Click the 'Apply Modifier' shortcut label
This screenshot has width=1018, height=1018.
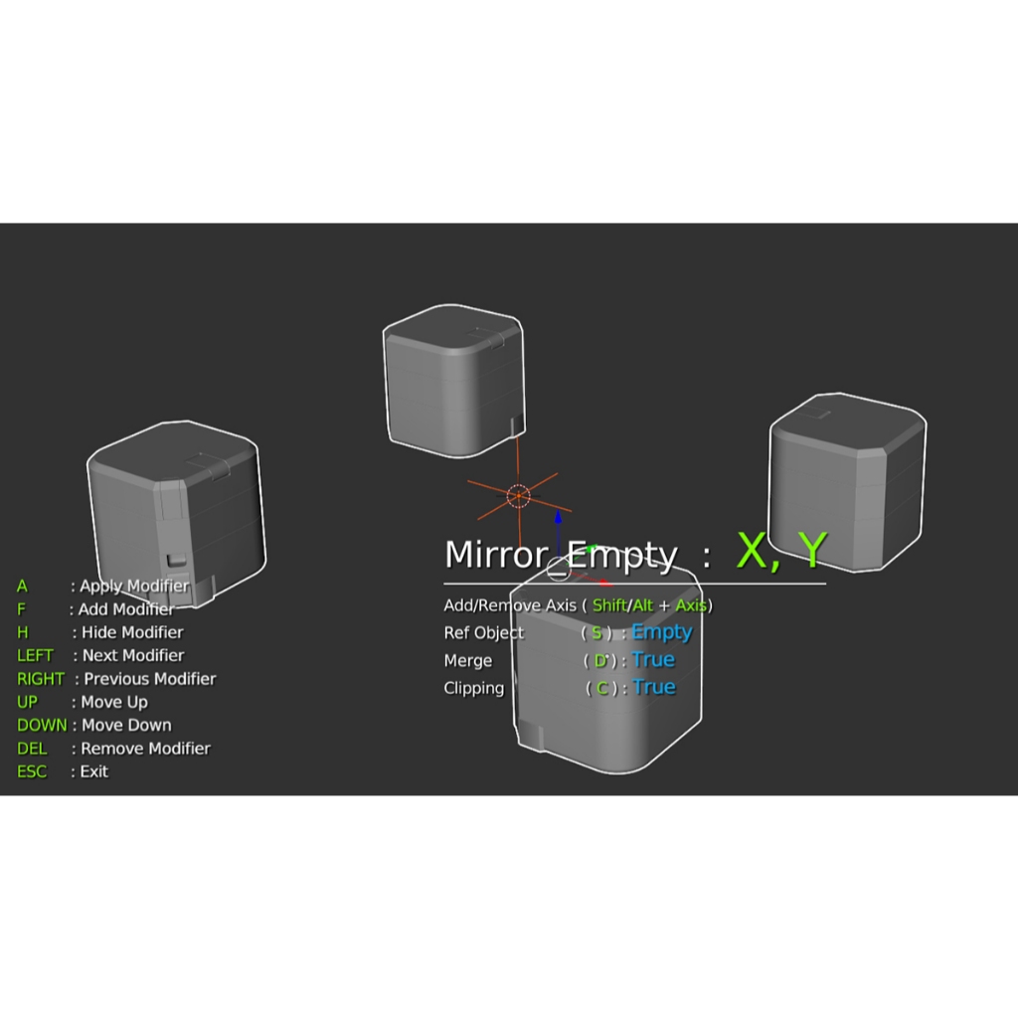click(x=134, y=586)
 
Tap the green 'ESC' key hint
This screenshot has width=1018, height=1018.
click(x=32, y=771)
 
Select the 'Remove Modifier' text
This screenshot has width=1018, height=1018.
click(x=145, y=749)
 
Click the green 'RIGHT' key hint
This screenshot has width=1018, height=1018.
click(x=40, y=679)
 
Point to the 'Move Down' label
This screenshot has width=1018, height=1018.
click(x=126, y=726)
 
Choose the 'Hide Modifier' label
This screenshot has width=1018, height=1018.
click(x=132, y=632)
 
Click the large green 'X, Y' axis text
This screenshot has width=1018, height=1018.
click(x=781, y=550)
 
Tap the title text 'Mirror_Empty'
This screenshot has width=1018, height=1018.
click(x=561, y=555)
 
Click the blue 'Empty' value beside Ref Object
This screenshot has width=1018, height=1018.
click(x=661, y=632)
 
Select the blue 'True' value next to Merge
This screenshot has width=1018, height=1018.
click(x=653, y=660)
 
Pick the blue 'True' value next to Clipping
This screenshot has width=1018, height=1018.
click(x=653, y=688)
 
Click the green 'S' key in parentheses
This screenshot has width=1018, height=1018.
click(x=596, y=633)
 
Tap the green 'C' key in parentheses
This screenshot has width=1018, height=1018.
click(x=601, y=688)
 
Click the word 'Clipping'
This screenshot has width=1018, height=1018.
click(x=474, y=688)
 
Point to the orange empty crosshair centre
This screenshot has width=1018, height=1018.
click(x=518, y=496)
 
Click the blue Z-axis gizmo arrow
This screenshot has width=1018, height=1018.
click(x=558, y=521)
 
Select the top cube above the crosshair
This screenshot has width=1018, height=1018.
click(x=453, y=379)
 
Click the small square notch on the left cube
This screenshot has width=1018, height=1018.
click(x=175, y=562)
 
